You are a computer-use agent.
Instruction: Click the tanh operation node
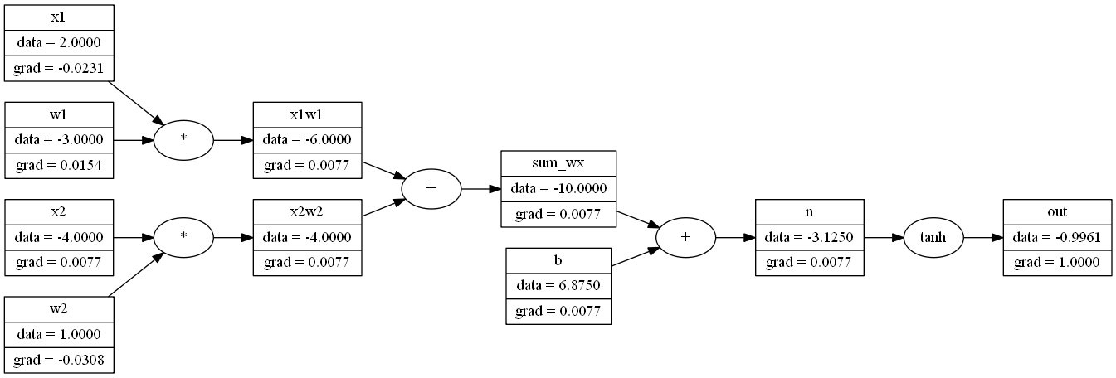(x=933, y=237)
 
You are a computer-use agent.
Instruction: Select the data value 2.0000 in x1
(x=58, y=41)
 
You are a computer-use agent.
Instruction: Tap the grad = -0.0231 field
(x=58, y=66)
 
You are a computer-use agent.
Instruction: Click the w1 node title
(x=58, y=114)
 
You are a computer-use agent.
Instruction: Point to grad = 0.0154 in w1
(x=58, y=164)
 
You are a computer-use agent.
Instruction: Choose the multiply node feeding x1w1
(x=183, y=139)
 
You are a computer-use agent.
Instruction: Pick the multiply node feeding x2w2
(x=183, y=237)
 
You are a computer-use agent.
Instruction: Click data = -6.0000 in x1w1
(x=307, y=139)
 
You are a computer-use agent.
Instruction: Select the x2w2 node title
(x=307, y=212)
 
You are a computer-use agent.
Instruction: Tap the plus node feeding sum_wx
(x=431, y=188)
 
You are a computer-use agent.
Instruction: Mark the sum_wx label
(x=558, y=163)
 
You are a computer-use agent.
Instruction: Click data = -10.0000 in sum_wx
(x=558, y=188)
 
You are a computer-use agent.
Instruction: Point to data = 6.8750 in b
(x=558, y=286)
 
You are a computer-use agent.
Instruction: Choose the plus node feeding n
(x=685, y=237)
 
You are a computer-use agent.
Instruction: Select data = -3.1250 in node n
(x=809, y=237)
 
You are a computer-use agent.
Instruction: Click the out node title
(x=1057, y=212)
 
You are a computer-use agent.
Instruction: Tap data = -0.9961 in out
(x=1057, y=237)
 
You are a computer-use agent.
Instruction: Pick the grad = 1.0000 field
(x=1057, y=262)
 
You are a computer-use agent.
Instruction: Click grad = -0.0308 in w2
(x=58, y=360)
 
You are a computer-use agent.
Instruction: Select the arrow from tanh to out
(x=982, y=237)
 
